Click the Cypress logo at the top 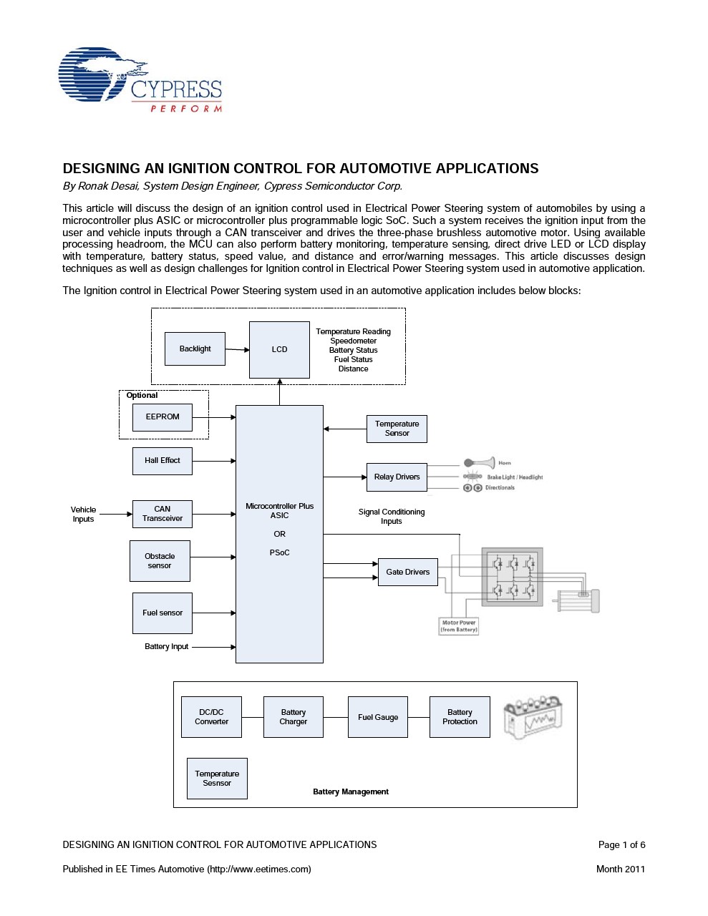click(140, 80)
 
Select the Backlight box click(195, 349)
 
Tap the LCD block click(279, 349)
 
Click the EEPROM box click(163, 417)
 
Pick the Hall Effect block click(163, 461)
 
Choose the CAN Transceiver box click(163, 514)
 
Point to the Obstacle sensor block click(160, 560)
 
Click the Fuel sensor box click(163, 613)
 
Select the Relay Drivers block click(397, 477)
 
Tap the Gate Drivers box click(408, 572)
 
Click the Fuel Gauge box click(378, 717)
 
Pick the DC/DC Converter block click(211, 717)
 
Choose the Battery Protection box click(460, 717)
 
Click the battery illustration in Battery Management click(533, 718)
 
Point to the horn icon click(480, 463)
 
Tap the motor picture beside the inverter click(577, 600)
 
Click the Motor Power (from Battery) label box click(458, 626)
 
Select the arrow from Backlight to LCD click(237, 349)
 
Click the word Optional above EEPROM click(142, 396)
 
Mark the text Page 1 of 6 click(621, 844)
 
